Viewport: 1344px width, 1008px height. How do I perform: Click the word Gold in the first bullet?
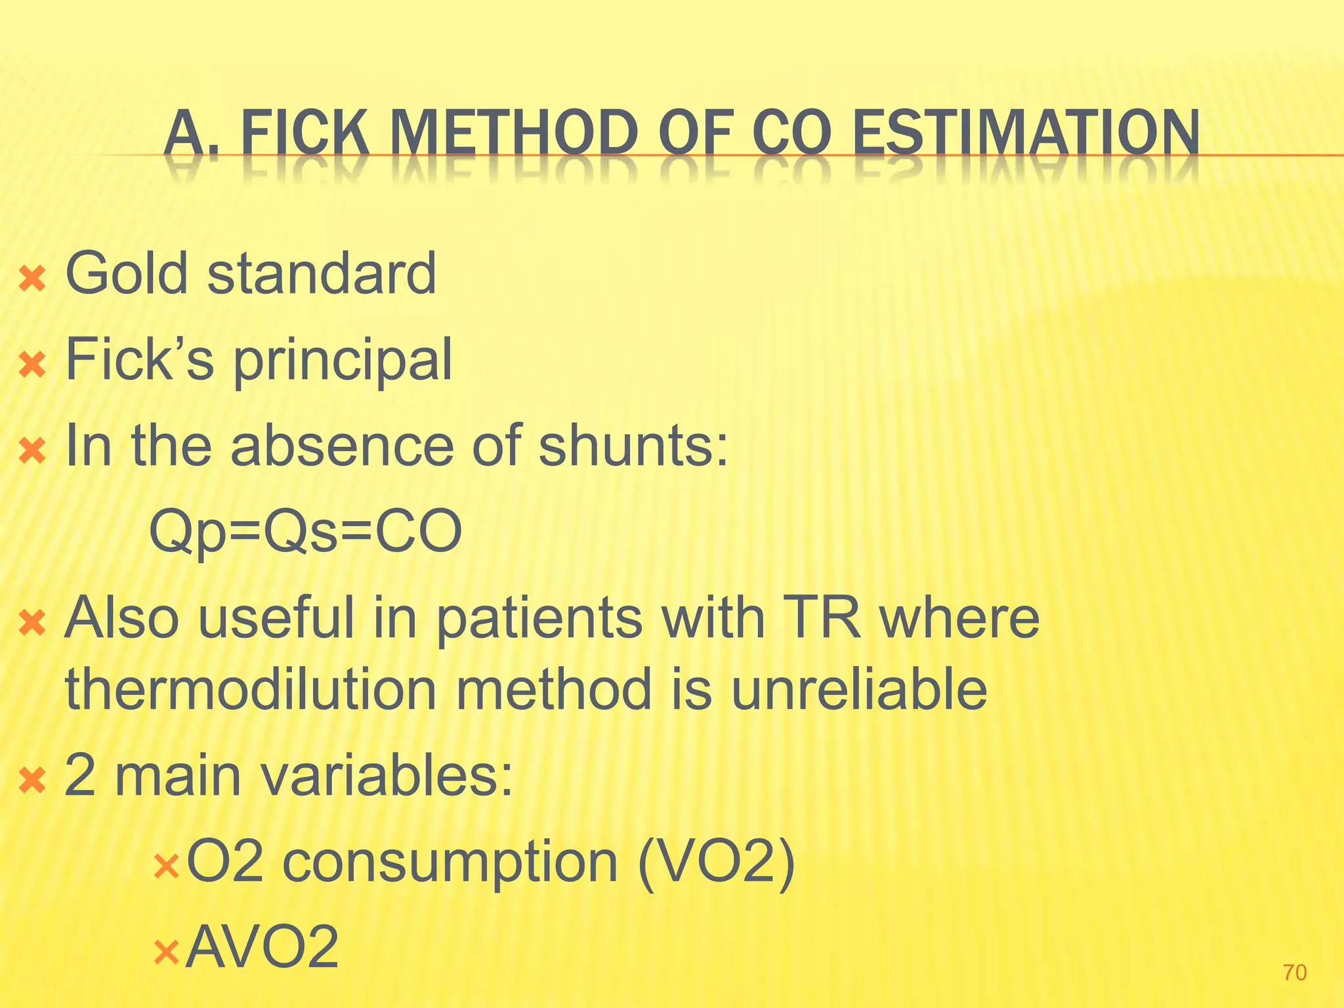[x=127, y=273]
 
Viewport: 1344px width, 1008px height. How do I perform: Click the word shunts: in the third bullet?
[x=633, y=446]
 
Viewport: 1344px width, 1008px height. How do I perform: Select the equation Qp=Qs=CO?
[x=306, y=532]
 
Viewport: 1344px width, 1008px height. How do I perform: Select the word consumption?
[x=450, y=862]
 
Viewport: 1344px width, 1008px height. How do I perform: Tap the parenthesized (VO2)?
[x=717, y=862]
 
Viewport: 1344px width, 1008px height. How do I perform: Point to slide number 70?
[x=1294, y=973]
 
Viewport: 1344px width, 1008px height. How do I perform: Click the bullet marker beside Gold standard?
[x=32, y=279]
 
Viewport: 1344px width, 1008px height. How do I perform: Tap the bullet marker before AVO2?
[x=165, y=952]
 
